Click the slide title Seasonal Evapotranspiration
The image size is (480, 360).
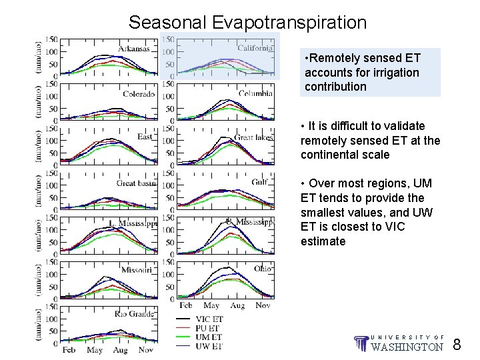click(247, 23)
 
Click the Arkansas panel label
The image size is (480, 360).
click(134, 49)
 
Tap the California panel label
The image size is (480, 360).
click(255, 48)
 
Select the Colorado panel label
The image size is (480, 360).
click(138, 94)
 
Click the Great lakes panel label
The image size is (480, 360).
click(253, 137)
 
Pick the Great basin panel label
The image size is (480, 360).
click(135, 183)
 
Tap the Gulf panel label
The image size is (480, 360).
click(259, 182)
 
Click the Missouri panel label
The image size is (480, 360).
click(137, 269)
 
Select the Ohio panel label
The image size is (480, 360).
click(262, 269)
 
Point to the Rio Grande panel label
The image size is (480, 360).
click(134, 313)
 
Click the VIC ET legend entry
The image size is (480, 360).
click(209, 319)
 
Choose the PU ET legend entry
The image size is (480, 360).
click(208, 328)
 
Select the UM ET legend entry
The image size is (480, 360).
click(208, 337)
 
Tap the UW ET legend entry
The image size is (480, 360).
click(209, 345)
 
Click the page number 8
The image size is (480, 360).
click(457, 345)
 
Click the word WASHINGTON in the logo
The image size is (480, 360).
click(407, 347)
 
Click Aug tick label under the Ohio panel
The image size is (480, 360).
click(237, 305)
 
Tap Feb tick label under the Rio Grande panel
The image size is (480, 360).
click(69, 350)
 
